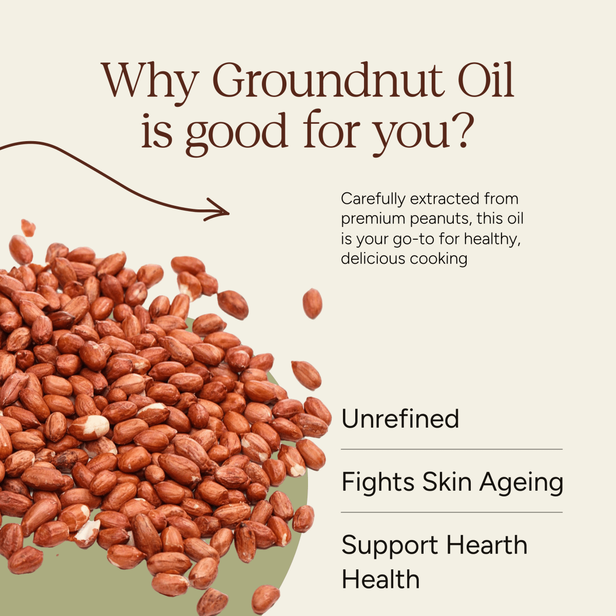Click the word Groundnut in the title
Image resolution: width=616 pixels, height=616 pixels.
(x=327, y=81)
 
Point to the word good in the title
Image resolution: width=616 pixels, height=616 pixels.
(x=236, y=132)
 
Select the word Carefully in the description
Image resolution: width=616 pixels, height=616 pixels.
(x=373, y=199)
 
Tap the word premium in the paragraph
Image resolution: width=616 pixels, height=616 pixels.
(x=373, y=219)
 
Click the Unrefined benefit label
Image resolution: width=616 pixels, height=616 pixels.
(x=400, y=419)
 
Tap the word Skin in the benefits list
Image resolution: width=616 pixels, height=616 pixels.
(x=445, y=482)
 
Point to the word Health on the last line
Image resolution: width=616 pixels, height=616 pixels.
(x=380, y=579)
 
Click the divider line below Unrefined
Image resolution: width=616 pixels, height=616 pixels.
(x=452, y=449)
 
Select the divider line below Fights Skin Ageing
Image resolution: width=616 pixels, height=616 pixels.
(x=452, y=512)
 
